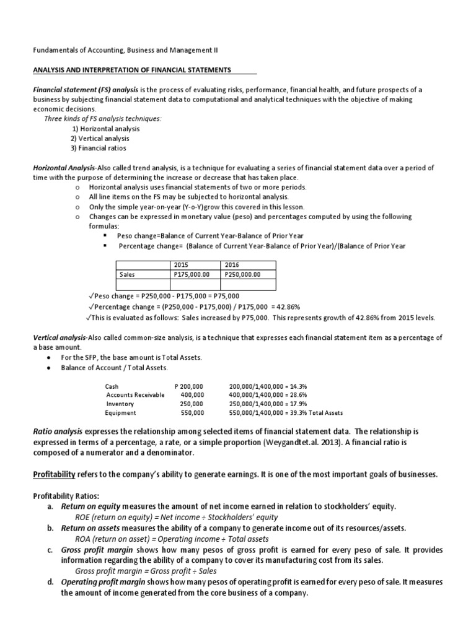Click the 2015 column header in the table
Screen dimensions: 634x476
(182, 264)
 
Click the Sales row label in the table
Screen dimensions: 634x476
(127, 275)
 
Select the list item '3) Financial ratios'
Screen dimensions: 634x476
(99, 149)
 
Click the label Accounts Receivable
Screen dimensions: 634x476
(135, 394)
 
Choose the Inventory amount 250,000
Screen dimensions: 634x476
(192, 404)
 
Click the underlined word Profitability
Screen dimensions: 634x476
(54, 474)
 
